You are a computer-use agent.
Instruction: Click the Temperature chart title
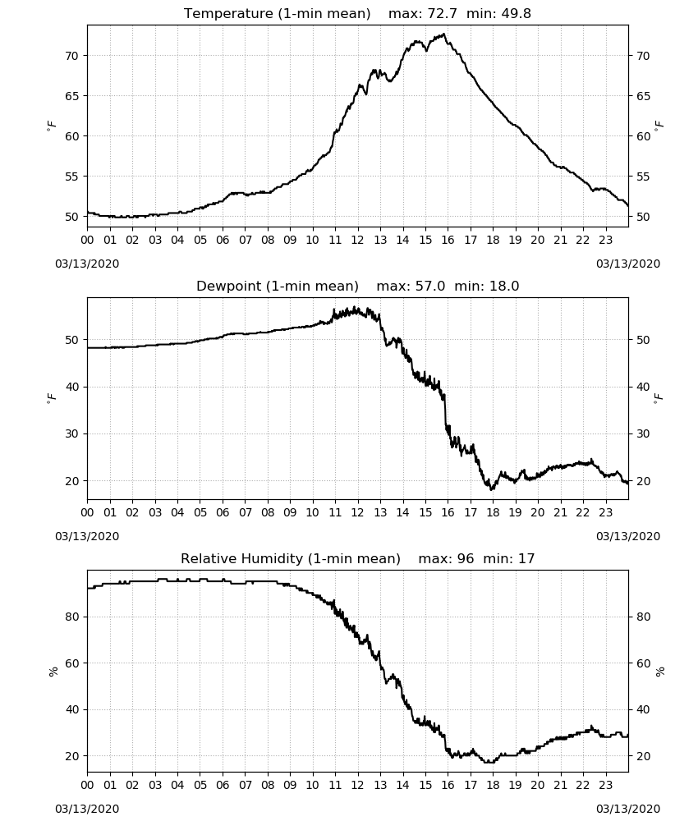357,13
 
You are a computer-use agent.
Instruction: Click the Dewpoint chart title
358,286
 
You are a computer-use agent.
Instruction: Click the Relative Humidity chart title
358,558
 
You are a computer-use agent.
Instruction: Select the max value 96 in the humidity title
465,558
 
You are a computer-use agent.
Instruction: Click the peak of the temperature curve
444,34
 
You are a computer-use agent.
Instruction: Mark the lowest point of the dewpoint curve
491,489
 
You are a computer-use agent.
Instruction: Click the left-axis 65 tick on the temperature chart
71,96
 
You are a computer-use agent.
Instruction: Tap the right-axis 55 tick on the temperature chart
643,177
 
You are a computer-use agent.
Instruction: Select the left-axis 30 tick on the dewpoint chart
71,434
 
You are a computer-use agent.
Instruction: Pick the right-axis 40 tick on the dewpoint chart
643,387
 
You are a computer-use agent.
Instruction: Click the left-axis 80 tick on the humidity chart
71,617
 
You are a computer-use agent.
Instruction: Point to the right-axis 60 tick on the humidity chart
643,663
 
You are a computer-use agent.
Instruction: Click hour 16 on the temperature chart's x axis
448,240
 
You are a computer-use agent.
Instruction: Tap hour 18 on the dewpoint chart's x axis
493,512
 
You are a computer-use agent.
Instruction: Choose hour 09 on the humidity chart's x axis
290,785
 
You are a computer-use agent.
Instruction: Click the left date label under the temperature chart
87,264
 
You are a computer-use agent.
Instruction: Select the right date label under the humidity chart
628,809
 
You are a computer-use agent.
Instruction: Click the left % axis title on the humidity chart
53,672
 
